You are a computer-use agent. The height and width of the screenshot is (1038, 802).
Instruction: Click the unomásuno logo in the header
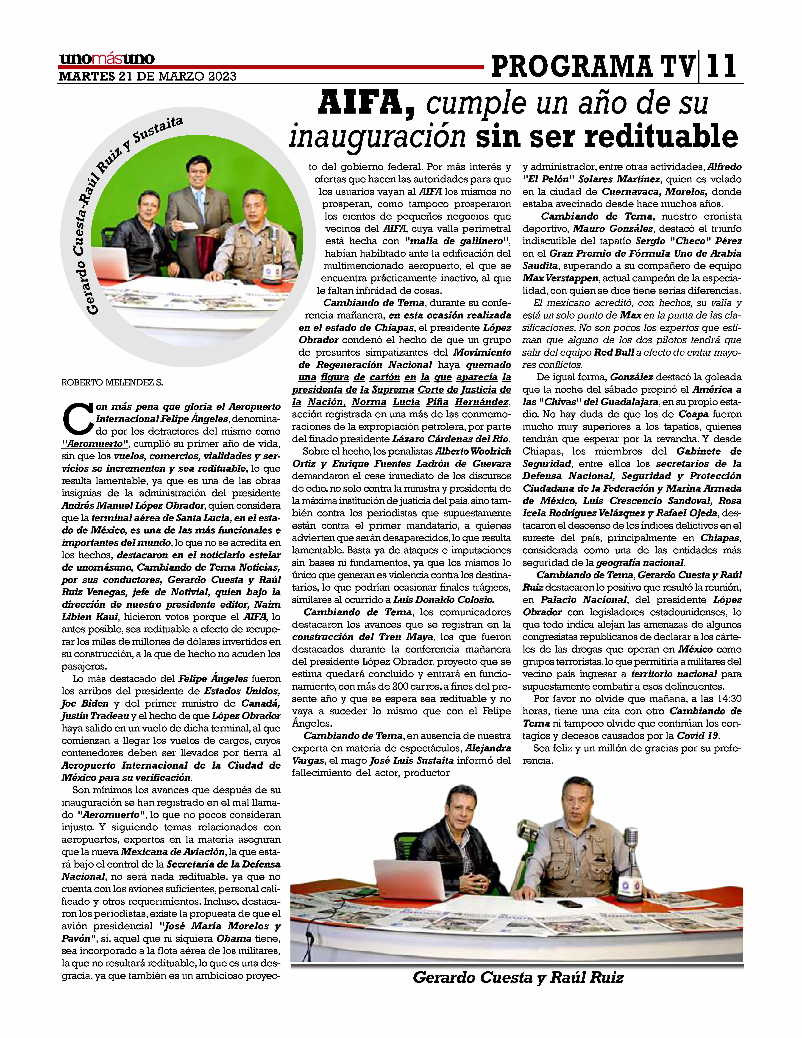point(107,59)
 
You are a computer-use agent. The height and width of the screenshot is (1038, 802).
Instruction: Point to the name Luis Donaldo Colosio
point(444,600)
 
